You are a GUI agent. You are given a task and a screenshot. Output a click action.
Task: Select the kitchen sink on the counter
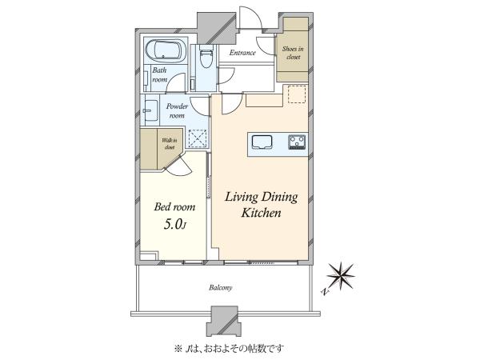coord(262,142)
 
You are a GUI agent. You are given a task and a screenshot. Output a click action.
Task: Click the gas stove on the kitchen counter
coord(296,142)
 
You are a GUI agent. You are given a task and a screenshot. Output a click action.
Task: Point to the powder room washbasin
coord(150,110)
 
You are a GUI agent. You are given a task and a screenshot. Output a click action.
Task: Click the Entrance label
coord(242,53)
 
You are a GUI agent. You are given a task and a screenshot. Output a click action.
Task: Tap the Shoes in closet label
coord(293,53)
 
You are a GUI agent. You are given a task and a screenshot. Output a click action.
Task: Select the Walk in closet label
coord(170,143)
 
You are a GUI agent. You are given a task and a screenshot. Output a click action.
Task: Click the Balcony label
coord(221,288)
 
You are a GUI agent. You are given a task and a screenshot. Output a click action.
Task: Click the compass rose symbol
coord(341,275)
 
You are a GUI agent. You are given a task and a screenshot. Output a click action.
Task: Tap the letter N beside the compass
coord(325,291)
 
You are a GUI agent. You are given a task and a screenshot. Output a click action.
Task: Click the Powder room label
coord(177,111)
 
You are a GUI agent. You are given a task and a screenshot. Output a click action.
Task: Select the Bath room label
coord(159,74)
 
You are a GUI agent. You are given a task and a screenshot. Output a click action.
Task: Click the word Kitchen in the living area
coord(261,213)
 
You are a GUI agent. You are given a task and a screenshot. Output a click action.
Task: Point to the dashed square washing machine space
coord(198,138)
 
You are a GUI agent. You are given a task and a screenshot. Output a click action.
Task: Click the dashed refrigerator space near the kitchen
coord(298,94)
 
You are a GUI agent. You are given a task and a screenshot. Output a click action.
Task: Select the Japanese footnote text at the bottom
coord(229,349)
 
